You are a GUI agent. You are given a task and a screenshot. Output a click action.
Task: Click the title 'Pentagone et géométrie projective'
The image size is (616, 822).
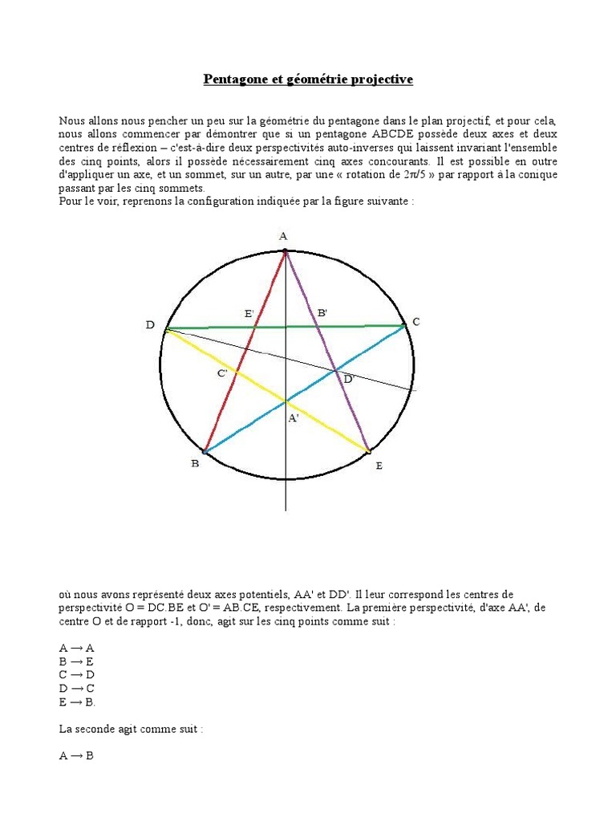tap(308, 79)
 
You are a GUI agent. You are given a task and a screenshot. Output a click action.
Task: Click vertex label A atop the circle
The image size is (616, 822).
tap(282, 235)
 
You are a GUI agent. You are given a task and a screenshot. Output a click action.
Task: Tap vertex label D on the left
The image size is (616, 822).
tap(150, 325)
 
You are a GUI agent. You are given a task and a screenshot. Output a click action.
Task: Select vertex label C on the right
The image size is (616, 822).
tap(415, 322)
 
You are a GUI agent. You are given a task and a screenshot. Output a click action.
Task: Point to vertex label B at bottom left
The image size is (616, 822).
tap(194, 464)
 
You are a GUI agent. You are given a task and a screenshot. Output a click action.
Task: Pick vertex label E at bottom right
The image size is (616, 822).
tap(379, 466)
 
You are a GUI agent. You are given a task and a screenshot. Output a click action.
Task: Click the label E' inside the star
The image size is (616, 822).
tap(249, 313)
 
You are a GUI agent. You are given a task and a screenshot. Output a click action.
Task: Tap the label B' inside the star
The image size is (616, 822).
tap(322, 313)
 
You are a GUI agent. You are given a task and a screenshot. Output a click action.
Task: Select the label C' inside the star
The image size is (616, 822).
tap(222, 373)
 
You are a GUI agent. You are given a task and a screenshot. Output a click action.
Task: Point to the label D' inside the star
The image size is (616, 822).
tap(349, 378)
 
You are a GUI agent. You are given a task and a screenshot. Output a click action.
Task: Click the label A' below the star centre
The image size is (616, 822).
tap(294, 418)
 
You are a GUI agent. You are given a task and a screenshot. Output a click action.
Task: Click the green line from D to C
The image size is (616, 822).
tap(345, 326)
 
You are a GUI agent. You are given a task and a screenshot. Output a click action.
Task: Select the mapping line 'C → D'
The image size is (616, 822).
tap(77, 674)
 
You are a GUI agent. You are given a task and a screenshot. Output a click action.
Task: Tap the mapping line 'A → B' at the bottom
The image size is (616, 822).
tap(77, 755)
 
